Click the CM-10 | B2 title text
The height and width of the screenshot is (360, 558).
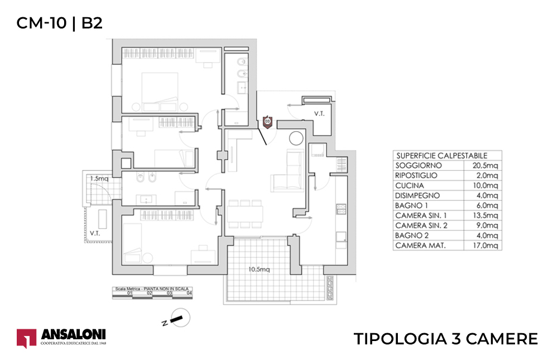coord(59,23)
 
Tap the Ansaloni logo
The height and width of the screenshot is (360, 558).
coord(61,338)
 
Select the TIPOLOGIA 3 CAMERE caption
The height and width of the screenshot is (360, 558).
coord(446,339)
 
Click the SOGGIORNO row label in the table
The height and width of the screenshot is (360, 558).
coord(418,166)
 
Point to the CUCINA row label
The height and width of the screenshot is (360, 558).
coord(410,186)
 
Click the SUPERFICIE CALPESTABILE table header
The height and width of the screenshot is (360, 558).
coord(441,156)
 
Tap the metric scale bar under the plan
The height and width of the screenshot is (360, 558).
coord(153,294)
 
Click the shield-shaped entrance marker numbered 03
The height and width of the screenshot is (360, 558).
coord(267,121)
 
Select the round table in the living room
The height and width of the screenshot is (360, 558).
coord(295,137)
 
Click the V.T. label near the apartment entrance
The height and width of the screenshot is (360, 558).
coord(319,113)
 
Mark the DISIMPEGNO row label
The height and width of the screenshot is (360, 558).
coord(417,196)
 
